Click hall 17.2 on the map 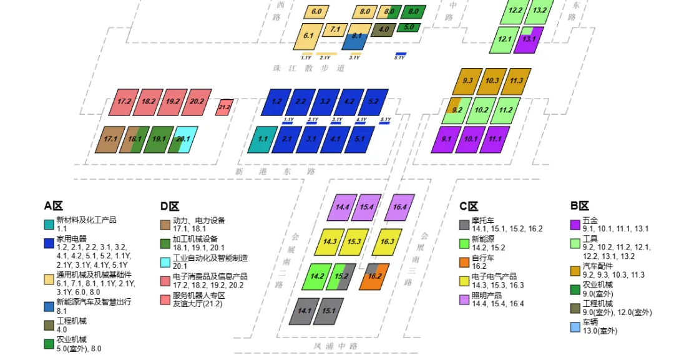124,102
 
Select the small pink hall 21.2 224,107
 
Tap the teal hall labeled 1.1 263,140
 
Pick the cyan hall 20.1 184,140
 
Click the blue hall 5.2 373,102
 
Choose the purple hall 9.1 446,140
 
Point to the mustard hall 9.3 468,81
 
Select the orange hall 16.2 374,276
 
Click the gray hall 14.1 304,311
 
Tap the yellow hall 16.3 387,242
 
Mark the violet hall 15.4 366,207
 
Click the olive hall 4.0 384,29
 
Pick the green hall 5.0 409,27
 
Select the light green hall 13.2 539,11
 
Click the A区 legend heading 54,207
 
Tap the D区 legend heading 170,207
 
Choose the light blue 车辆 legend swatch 575,326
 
